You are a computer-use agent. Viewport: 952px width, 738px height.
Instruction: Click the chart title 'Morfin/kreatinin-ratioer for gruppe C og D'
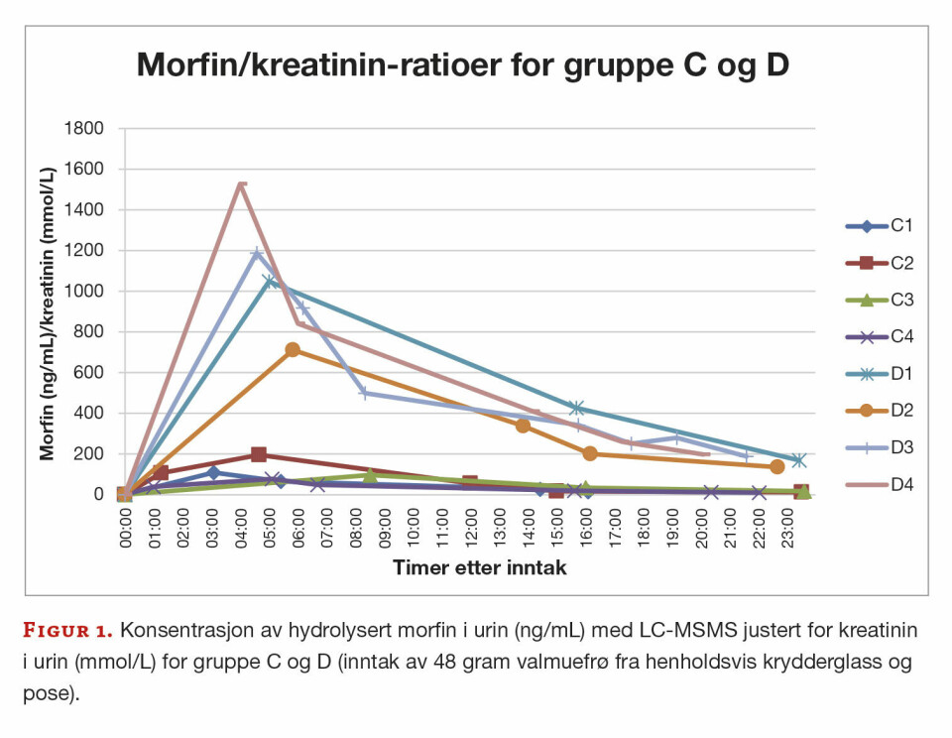point(462,65)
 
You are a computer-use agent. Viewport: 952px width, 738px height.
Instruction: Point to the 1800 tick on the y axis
point(83,128)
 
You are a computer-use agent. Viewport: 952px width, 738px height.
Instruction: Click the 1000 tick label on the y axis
point(83,291)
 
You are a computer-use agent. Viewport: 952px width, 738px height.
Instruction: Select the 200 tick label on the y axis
point(87,453)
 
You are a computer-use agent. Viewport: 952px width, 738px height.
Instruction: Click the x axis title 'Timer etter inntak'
point(464,568)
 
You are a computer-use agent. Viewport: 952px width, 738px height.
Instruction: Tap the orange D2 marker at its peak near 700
point(293,350)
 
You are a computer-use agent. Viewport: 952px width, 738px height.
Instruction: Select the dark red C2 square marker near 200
point(259,454)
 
